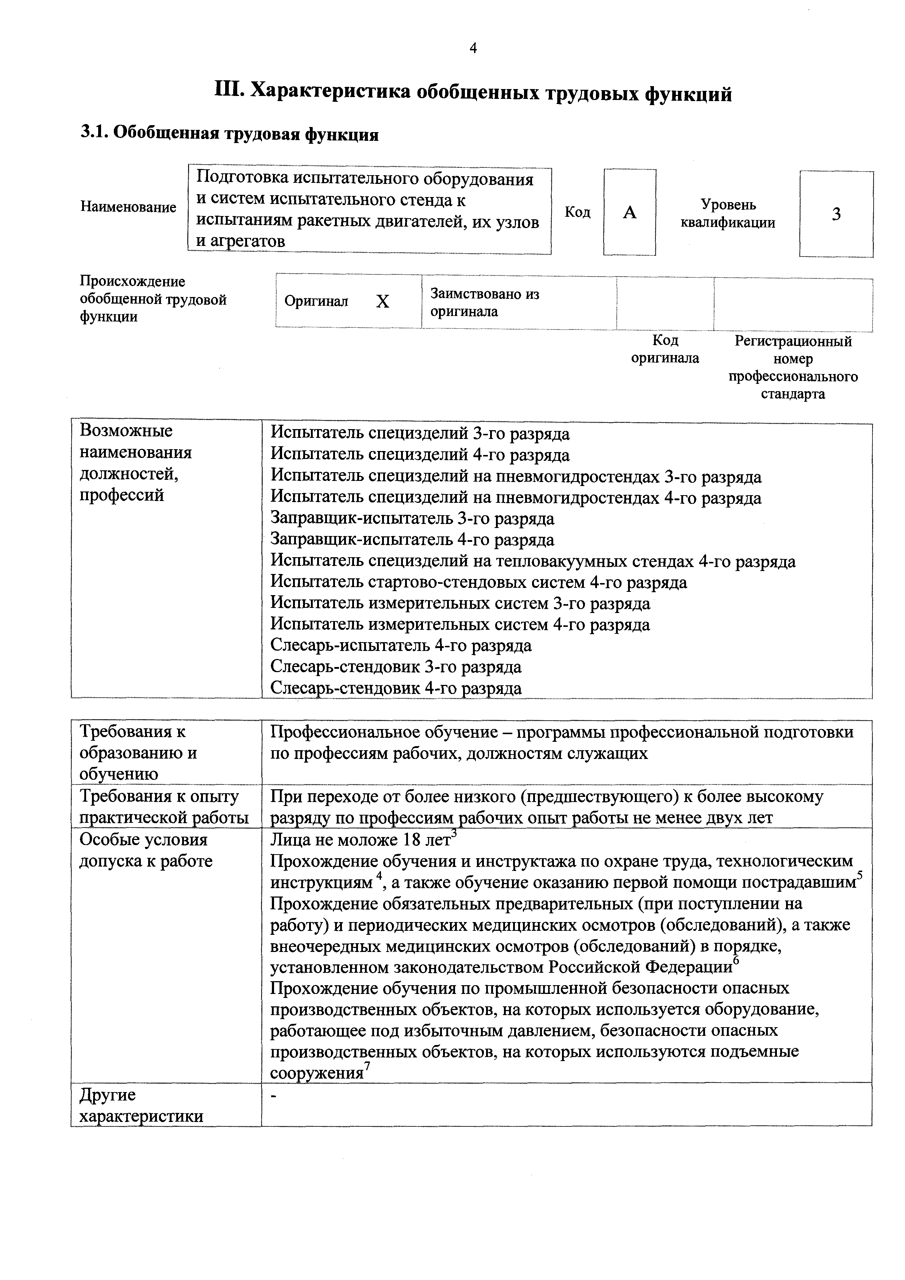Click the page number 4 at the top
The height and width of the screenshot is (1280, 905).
tap(473, 49)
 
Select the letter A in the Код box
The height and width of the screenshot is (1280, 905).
tap(629, 212)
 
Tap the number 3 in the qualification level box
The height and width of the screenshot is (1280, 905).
tap(836, 214)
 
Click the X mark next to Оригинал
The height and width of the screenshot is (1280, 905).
tap(382, 302)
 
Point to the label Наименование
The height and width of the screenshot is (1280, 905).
tap(128, 207)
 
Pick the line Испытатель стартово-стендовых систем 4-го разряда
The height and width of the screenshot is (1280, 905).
tap(478, 583)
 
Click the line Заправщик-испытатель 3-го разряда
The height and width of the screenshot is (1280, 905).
tap(412, 519)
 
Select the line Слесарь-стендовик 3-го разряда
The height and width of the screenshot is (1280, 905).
tap(396, 667)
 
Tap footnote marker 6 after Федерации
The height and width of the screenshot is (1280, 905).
tap(735, 960)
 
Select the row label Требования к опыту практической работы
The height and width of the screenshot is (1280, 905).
tap(164, 807)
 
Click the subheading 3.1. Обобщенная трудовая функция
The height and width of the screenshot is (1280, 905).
tap(230, 134)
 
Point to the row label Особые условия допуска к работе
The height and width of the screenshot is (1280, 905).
tap(146, 850)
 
